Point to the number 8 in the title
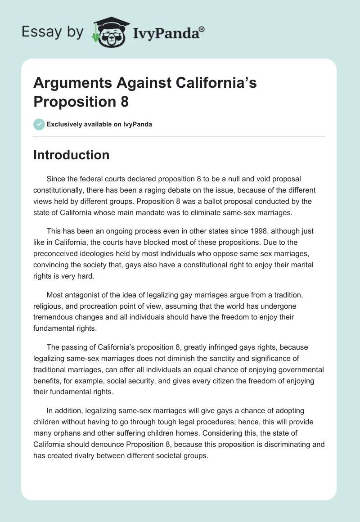click(124, 102)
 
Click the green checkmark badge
click(39, 124)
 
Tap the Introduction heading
click(71, 155)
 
